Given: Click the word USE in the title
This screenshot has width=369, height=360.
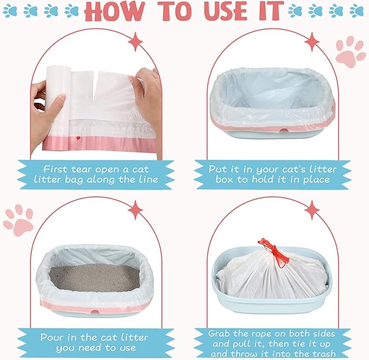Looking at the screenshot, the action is (225, 11).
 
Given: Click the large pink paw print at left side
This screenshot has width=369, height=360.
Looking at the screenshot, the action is (18, 220).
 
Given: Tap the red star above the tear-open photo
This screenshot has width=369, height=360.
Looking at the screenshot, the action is (135, 42).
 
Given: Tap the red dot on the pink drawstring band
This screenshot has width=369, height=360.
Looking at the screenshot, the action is (77, 139).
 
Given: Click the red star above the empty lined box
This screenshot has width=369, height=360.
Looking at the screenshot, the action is (312, 42).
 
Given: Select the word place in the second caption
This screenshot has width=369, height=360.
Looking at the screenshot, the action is (316, 180).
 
